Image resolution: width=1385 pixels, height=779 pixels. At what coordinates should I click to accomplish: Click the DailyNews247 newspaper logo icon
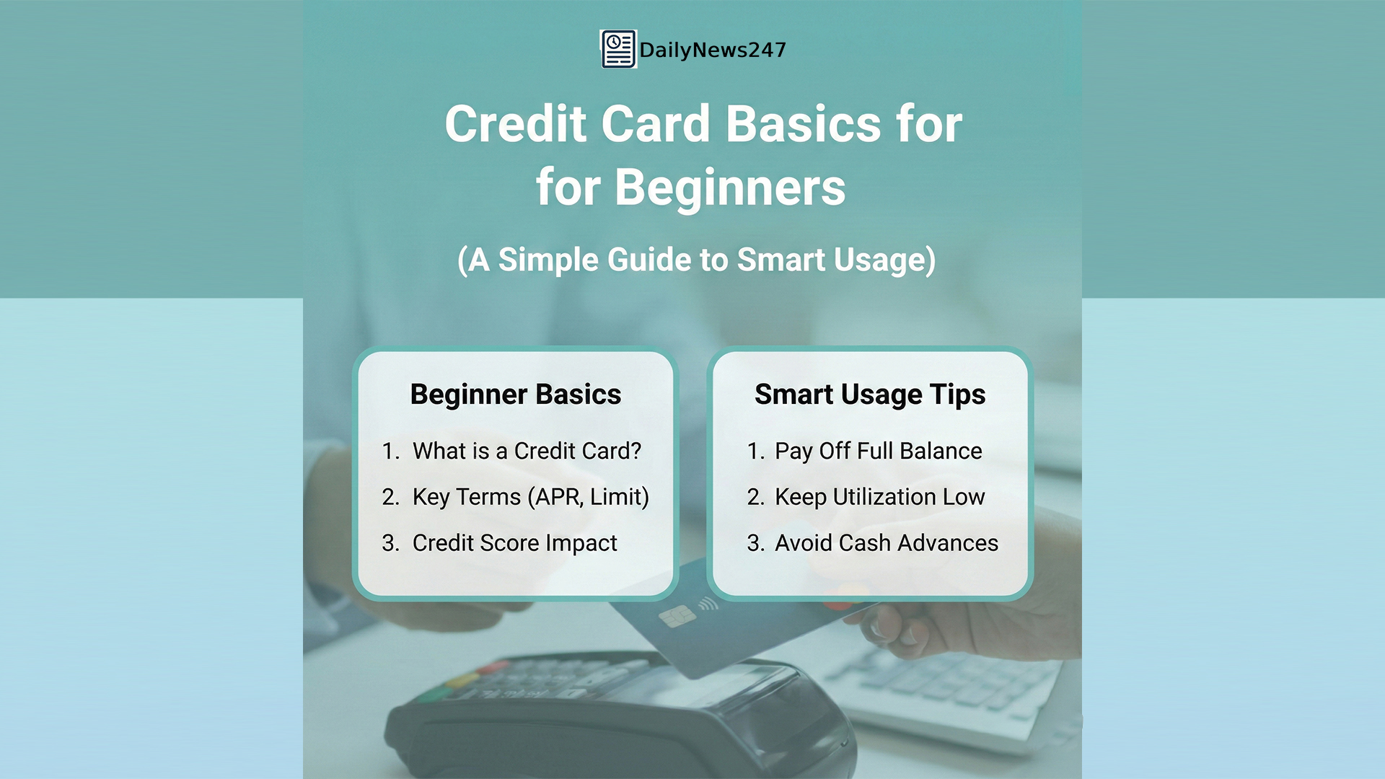[618, 49]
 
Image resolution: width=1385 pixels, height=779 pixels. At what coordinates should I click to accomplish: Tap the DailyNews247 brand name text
[712, 50]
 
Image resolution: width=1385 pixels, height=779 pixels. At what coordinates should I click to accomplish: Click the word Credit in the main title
[516, 124]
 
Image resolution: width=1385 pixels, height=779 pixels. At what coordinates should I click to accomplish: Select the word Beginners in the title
[729, 188]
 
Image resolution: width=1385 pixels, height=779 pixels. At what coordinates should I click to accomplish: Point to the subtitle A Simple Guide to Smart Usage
[696, 260]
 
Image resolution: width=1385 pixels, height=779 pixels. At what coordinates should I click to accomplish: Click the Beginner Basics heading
[515, 395]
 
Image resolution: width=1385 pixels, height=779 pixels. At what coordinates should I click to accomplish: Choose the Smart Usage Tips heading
[869, 395]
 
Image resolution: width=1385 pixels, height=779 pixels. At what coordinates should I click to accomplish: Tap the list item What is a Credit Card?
[527, 451]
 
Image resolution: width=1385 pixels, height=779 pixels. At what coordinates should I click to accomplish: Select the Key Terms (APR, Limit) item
[530, 497]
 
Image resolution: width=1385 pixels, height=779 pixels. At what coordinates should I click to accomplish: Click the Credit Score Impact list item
[514, 543]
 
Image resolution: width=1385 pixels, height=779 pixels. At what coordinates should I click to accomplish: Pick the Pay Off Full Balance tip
[878, 451]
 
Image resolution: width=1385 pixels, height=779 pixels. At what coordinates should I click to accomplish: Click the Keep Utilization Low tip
[879, 497]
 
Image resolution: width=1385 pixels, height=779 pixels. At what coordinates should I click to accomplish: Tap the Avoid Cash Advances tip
[886, 543]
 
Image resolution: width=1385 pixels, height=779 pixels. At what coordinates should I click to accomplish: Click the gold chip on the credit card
[677, 616]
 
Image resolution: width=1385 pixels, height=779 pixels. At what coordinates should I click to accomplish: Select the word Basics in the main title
[802, 124]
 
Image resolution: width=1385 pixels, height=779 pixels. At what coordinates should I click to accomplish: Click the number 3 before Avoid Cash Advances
[755, 543]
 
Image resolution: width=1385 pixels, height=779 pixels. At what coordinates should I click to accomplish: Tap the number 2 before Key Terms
[390, 497]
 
